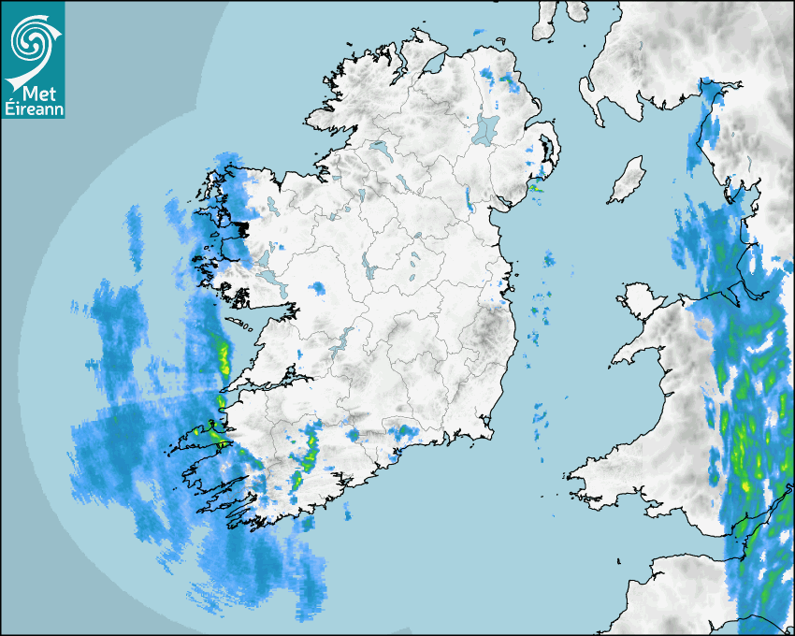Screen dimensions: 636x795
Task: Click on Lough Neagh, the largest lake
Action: point(486,128)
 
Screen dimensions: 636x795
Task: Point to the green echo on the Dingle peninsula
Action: point(217,432)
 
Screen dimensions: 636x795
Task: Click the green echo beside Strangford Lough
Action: point(535,188)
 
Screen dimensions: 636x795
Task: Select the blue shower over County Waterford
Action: point(405,431)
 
